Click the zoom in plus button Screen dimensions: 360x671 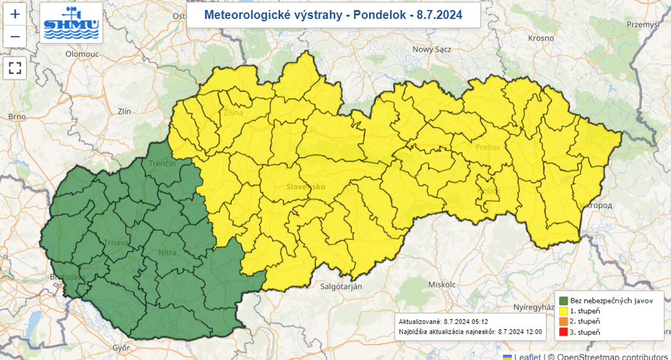click(15, 14)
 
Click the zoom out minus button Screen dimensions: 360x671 click(15, 36)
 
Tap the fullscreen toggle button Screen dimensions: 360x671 click(15, 67)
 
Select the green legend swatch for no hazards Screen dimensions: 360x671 click(563, 300)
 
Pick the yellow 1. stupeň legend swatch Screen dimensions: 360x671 click(563, 311)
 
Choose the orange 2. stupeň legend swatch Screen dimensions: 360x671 click(563, 321)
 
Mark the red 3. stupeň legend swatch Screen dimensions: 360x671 click(563, 332)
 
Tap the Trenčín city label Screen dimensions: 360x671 click(162, 163)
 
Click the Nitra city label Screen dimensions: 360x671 click(168, 252)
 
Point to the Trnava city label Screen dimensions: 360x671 click(116, 243)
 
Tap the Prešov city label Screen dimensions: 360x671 click(488, 147)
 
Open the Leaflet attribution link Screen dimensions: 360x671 click(527, 356)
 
